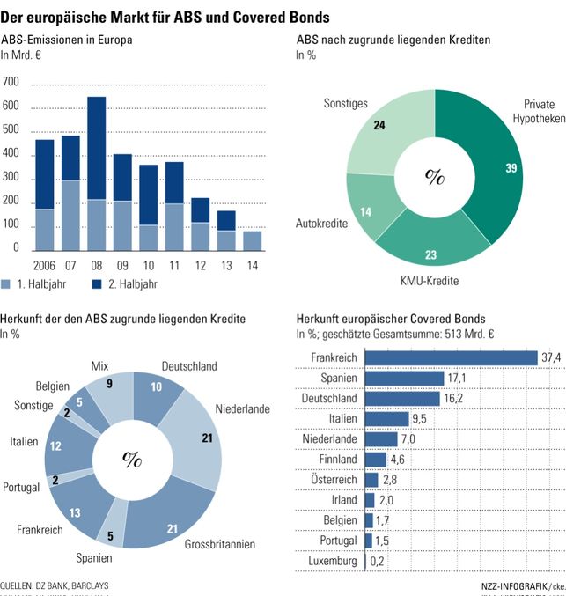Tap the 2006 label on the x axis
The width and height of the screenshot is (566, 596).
coord(44,265)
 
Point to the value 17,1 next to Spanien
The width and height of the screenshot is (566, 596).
coord(459,378)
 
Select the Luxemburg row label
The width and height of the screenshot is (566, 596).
coord(333,561)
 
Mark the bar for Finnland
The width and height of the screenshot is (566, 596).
coord(376,459)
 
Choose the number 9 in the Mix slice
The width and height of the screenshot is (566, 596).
coord(108,384)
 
